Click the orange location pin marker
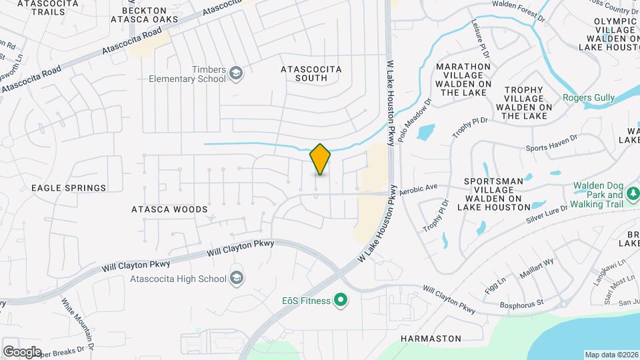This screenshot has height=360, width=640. [321, 159]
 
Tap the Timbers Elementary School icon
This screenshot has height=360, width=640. [235, 73]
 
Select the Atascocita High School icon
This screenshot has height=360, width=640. [235, 278]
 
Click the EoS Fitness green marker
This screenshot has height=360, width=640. [341, 301]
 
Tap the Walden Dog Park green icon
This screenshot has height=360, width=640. [632, 195]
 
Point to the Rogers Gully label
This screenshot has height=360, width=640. [589, 98]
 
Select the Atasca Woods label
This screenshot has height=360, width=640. [169, 209]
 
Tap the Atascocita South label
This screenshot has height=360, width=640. [311, 73]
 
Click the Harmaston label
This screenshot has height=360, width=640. [431, 339]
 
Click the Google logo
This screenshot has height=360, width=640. [22, 351]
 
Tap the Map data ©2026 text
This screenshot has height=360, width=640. [611, 355]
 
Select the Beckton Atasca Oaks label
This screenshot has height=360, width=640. [151, 15]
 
